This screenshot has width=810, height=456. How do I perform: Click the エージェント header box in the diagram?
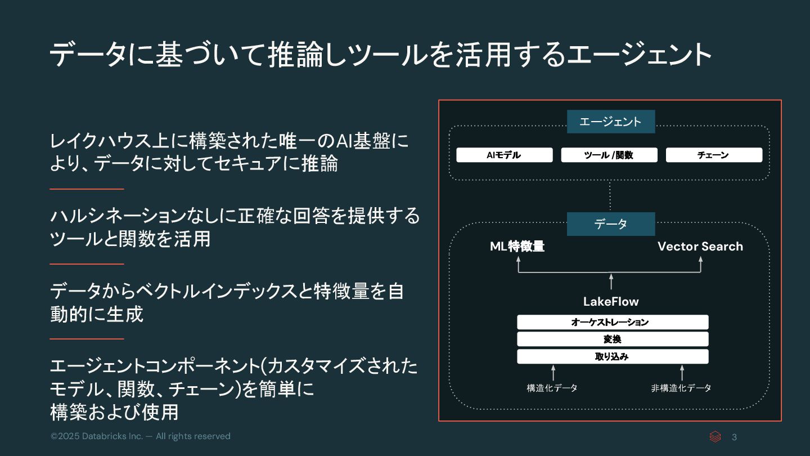(x=610, y=122)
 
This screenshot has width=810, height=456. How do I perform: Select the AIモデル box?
(x=504, y=155)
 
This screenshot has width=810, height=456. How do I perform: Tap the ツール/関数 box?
(x=609, y=155)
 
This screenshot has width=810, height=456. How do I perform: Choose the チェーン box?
(x=714, y=155)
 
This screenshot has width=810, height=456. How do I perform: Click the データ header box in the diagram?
(x=610, y=224)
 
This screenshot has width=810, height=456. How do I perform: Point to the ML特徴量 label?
(x=517, y=247)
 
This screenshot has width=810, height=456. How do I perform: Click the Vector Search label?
(x=700, y=247)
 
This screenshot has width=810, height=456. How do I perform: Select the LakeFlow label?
(x=611, y=301)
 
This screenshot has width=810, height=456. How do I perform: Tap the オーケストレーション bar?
(x=612, y=322)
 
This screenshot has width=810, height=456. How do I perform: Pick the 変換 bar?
(x=612, y=339)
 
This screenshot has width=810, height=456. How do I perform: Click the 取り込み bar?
(x=612, y=356)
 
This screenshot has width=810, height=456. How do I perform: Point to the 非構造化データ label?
(x=681, y=388)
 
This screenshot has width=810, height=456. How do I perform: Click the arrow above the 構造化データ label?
(x=553, y=372)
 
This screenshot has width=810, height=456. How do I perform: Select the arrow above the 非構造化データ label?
(x=682, y=372)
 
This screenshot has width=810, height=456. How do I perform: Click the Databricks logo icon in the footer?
(x=715, y=437)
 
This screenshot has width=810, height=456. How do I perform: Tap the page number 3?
(x=734, y=437)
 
